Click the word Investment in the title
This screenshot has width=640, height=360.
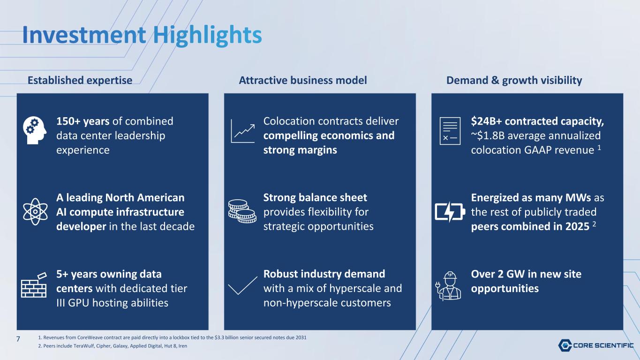pyautogui.click(x=84, y=35)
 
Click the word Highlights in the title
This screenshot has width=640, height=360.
pyautogui.click(x=207, y=36)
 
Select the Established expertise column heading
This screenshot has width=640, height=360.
pyautogui.click(x=80, y=81)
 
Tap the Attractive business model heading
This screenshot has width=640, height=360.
pyautogui.click(x=303, y=80)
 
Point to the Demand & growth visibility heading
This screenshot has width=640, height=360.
pyautogui.click(x=514, y=81)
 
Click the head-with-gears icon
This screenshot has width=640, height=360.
pyautogui.click(x=35, y=130)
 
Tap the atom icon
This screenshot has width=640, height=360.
pyautogui.click(x=35, y=212)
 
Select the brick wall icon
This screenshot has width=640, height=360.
pyautogui.click(x=34, y=285)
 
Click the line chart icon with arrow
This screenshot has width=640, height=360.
pyautogui.click(x=242, y=131)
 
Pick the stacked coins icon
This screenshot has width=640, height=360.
pyautogui.click(x=242, y=211)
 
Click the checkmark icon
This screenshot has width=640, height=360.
pyautogui.click(x=242, y=285)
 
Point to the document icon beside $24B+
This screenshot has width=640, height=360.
pyautogui.click(x=450, y=131)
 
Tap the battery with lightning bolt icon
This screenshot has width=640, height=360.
pyautogui.click(x=450, y=212)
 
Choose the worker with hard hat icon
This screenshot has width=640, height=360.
pyautogui.click(x=448, y=286)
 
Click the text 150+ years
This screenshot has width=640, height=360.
pyautogui.click(x=83, y=121)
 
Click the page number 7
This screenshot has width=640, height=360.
pyautogui.click(x=18, y=339)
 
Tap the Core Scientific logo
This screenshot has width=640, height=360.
pyautogui.click(x=596, y=345)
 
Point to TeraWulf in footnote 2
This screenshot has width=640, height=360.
pyautogui.click(x=84, y=346)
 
